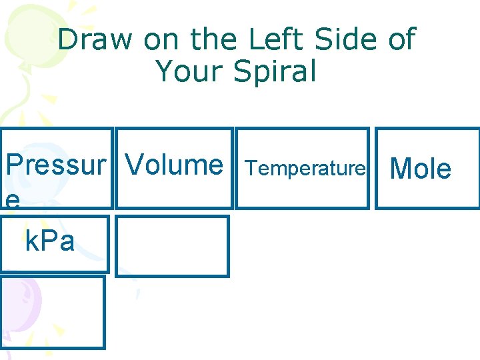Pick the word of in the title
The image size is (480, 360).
tap(401, 40)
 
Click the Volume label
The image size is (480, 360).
tap(174, 164)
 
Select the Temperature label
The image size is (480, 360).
tap(306, 169)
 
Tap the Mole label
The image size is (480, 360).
tap(420, 169)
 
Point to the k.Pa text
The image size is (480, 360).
tap(49, 241)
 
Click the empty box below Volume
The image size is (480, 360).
tap(172, 245)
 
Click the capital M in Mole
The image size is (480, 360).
tap(401, 169)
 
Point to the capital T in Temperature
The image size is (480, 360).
tap(251, 169)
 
